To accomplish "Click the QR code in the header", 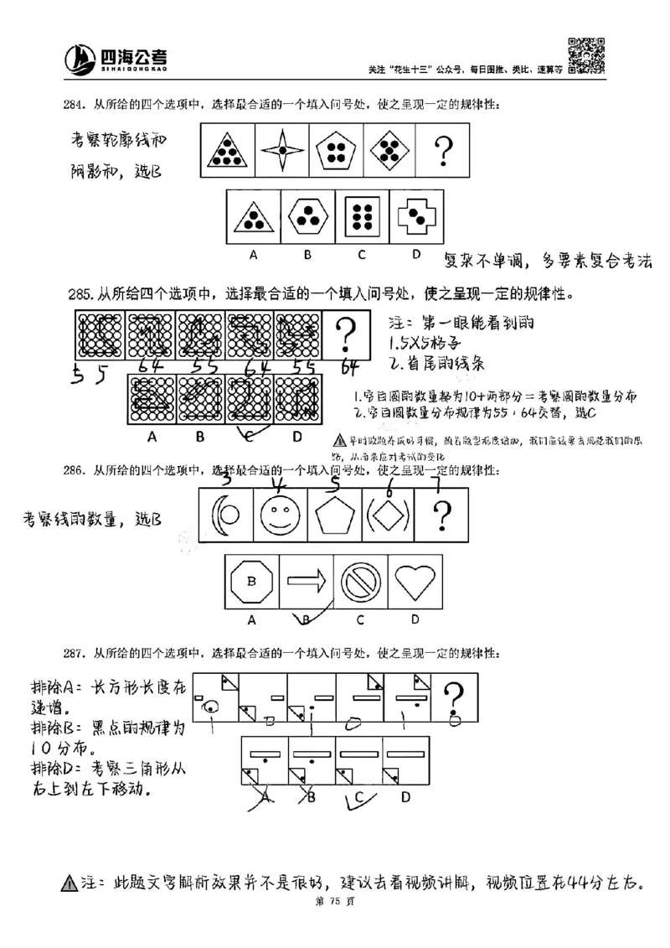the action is [x=586, y=55].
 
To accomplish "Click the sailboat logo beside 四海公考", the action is [x=80, y=58].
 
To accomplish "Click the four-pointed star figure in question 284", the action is [x=282, y=151].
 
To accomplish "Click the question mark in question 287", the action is [x=454, y=697].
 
